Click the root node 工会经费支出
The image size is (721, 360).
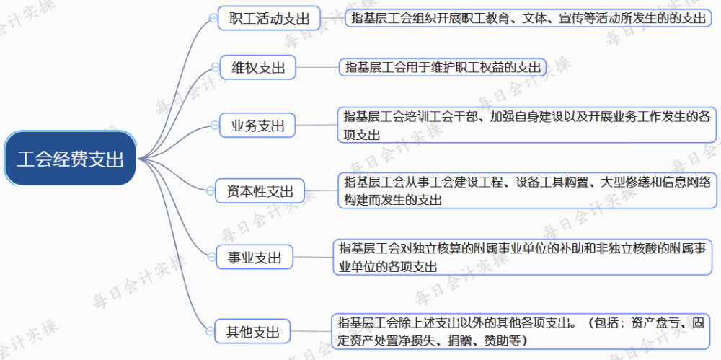(x=71, y=159)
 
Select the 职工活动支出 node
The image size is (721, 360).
(x=269, y=19)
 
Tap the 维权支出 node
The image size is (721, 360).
(x=258, y=68)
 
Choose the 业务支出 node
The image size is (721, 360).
(x=258, y=125)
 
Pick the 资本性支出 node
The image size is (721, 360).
(x=260, y=190)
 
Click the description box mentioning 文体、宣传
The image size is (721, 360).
(x=528, y=19)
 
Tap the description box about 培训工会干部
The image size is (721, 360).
(x=527, y=125)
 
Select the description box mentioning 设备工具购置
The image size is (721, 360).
(x=527, y=190)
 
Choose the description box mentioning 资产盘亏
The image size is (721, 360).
(x=520, y=331)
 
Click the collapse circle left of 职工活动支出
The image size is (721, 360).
(x=213, y=18)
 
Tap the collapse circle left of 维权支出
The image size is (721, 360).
(x=215, y=67)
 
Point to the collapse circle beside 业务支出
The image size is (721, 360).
(x=215, y=125)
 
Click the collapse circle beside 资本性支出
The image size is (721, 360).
(x=211, y=190)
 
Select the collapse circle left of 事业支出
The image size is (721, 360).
(x=211, y=257)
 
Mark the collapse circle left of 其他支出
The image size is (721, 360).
(x=211, y=331)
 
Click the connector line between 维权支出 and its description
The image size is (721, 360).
(x=318, y=67)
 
